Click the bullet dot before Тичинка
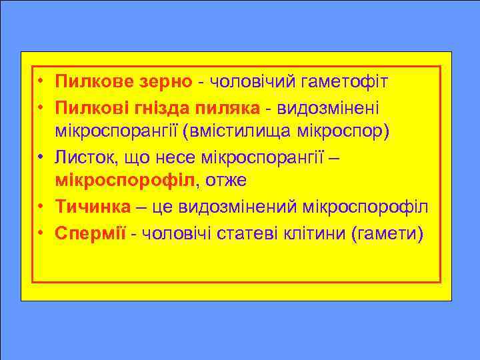tap(42, 206)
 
